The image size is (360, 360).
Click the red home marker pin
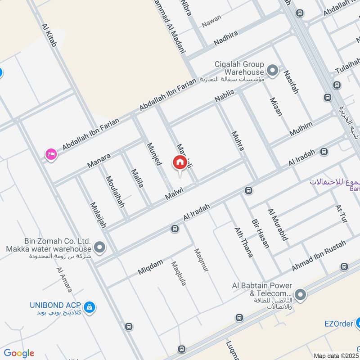(180, 163)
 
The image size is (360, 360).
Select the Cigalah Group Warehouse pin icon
(272, 71)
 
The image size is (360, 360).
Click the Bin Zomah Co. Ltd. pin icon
(100, 247)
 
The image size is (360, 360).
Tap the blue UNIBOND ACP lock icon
(90, 307)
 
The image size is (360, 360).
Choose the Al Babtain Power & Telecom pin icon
(300, 295)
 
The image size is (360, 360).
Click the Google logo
(19, 353)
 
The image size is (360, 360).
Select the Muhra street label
(238, 140)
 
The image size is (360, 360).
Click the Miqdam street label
(150, 268)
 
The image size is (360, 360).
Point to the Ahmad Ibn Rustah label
(319, 256)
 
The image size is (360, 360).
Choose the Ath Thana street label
(243, 242)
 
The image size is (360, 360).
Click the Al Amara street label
(64, 279)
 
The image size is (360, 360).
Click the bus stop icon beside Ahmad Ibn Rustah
(344, 266)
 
